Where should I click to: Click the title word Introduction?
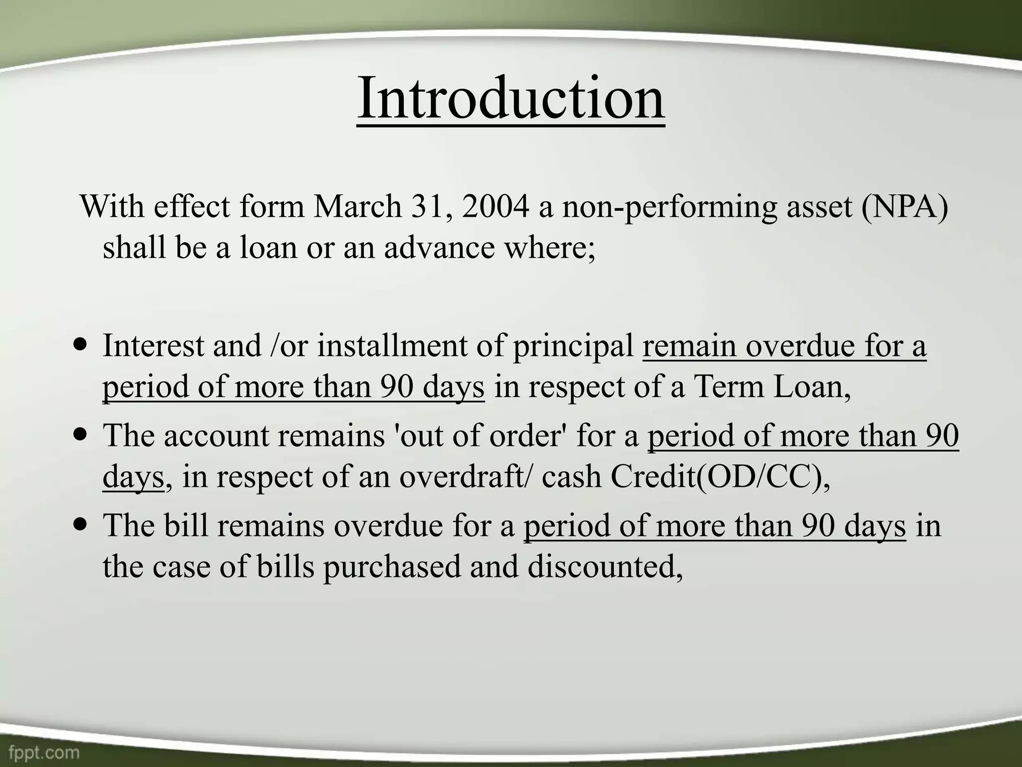coord(511,98)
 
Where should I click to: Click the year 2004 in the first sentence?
coord(495,206)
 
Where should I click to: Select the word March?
coord(357,206)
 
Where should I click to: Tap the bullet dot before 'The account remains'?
coord(79,434)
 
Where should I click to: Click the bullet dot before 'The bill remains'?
coord(79,525)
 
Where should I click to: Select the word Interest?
coord(153,345)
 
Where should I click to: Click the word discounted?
coord(604,567)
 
